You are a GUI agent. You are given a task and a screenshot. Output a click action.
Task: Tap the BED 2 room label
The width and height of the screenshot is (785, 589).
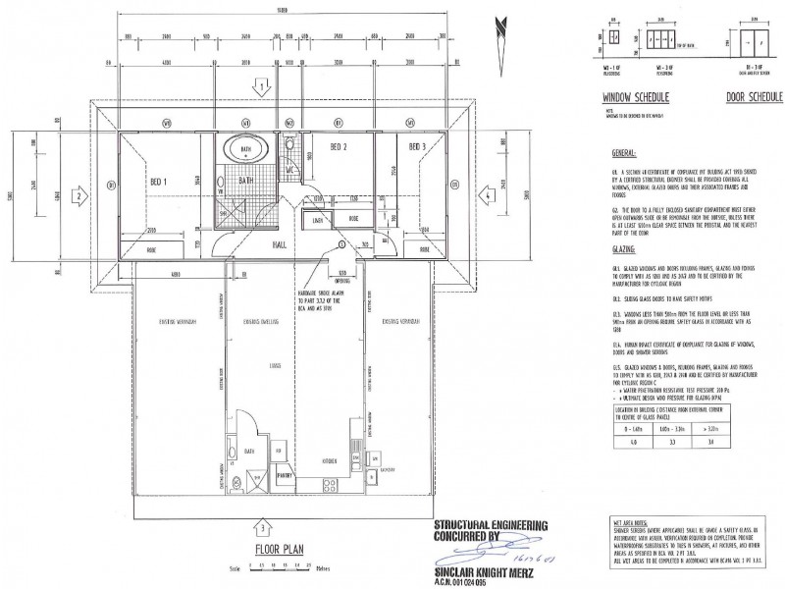point(340,148)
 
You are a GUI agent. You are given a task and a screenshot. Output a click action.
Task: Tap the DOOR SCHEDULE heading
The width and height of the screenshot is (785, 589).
point(754,99)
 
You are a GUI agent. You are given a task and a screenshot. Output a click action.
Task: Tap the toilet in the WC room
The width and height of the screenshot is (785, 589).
point(291,149)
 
